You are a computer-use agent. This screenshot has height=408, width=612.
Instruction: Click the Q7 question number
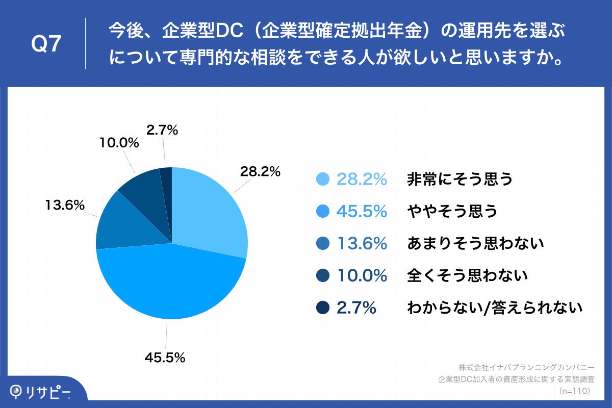(x=46, y=44)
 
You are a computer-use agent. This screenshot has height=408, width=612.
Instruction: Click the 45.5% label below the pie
(x=164, y=358)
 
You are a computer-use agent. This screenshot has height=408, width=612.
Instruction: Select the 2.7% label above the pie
(x=162, y=130)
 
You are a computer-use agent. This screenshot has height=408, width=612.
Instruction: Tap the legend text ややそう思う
(x=452, y=211)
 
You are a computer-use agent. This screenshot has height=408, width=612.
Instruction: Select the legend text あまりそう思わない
(x=475, y=244)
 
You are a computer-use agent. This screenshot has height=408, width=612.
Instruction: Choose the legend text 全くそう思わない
(x=467, y=276)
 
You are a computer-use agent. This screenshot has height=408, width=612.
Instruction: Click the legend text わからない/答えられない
(x=494, y=308)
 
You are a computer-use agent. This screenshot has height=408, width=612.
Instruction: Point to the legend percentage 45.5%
(x=362, y=211)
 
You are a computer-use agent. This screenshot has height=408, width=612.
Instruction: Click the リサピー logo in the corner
(x=41, y=392)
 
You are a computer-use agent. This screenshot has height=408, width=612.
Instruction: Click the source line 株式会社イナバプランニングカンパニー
(x=526, y=367)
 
